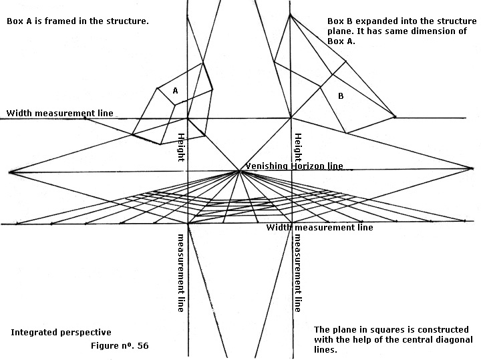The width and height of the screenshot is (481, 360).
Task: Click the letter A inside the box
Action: [175, 90]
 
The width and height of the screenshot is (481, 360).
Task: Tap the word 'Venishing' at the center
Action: [266, 166]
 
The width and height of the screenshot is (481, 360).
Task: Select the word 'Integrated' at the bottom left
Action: [32, 332]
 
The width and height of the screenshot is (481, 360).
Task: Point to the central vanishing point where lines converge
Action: [240, 172]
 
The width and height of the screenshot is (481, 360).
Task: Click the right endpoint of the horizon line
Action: [472, 168]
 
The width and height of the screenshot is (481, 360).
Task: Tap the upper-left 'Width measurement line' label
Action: [60, 113]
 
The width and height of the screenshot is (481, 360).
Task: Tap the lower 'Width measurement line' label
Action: [319, 228]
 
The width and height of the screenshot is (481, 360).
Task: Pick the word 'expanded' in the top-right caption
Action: [375, 21]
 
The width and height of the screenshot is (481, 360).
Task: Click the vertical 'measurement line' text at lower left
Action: [180, 273]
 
